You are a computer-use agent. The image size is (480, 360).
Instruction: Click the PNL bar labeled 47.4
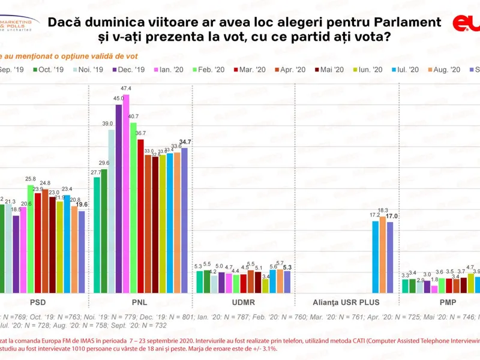coord(126,192)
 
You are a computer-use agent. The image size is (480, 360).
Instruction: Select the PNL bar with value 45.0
coord(119,198)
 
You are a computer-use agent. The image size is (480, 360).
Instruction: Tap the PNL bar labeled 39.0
coord(112,210)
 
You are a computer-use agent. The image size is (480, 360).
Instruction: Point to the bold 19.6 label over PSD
coord(82,205)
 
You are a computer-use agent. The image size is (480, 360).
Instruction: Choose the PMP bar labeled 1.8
coord(434,288)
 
